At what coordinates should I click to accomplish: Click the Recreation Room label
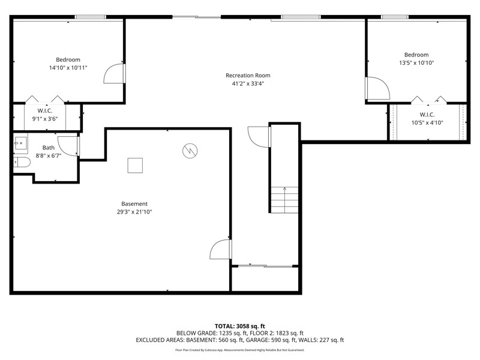click(248, 76)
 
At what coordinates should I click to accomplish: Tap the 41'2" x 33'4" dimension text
click(248, 83)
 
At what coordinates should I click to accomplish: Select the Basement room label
click(134, 203)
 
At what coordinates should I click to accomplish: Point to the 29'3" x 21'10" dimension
click(134, 212)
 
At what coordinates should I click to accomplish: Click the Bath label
click(49, 148)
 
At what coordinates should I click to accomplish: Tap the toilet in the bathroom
click(22, 162)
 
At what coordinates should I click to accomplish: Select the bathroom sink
click(20, 143)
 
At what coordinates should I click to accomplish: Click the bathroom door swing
click(68, 146)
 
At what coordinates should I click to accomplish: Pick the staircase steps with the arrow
click(284, 200)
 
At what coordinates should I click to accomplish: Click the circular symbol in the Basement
click(190, 151)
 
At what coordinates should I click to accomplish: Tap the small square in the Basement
click(135, 166)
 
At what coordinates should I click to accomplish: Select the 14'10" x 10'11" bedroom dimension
click(68, 68)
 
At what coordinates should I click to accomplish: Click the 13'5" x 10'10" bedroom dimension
click(416, 63)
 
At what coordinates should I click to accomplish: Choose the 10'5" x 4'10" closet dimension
click(427, 123)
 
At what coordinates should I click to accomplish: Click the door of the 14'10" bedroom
click(114, 73)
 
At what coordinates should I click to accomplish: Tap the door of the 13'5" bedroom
click(377, 88)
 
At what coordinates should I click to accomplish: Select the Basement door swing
click(220, 250)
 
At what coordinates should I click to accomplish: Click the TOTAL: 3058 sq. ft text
click(239, 326)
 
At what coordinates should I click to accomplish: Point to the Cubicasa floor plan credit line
click(239, 350)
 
